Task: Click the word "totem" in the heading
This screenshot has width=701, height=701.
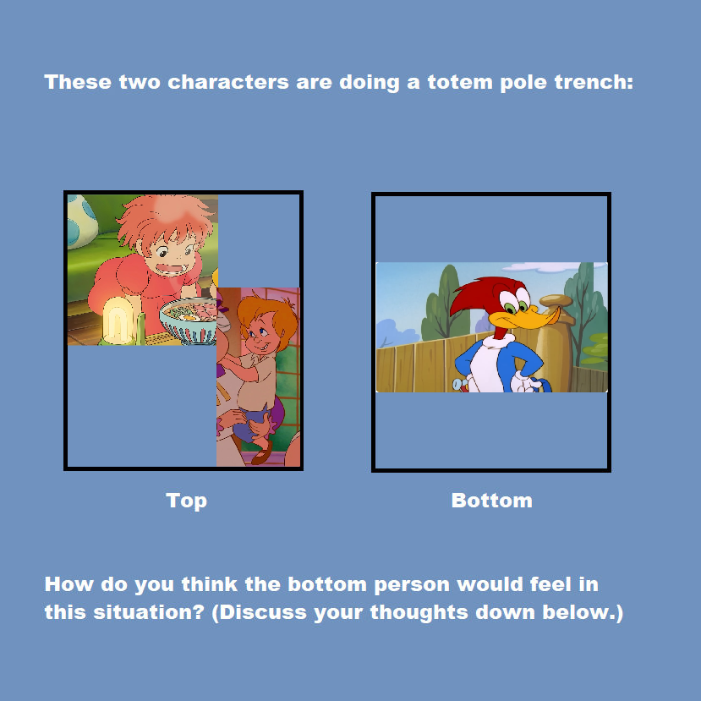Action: pos(460,82)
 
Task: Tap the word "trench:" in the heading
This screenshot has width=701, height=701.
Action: pos(594,82)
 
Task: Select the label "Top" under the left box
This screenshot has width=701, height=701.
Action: pos(186,501)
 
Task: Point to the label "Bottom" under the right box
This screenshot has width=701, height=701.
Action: pos(492,501)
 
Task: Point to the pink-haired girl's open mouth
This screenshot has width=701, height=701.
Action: pos(169,269)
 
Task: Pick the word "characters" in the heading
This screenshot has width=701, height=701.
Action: pos(228,82)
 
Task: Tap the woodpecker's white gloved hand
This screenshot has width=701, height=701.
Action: pos(524,381)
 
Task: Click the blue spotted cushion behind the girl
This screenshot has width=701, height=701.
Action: pos(81,220)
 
